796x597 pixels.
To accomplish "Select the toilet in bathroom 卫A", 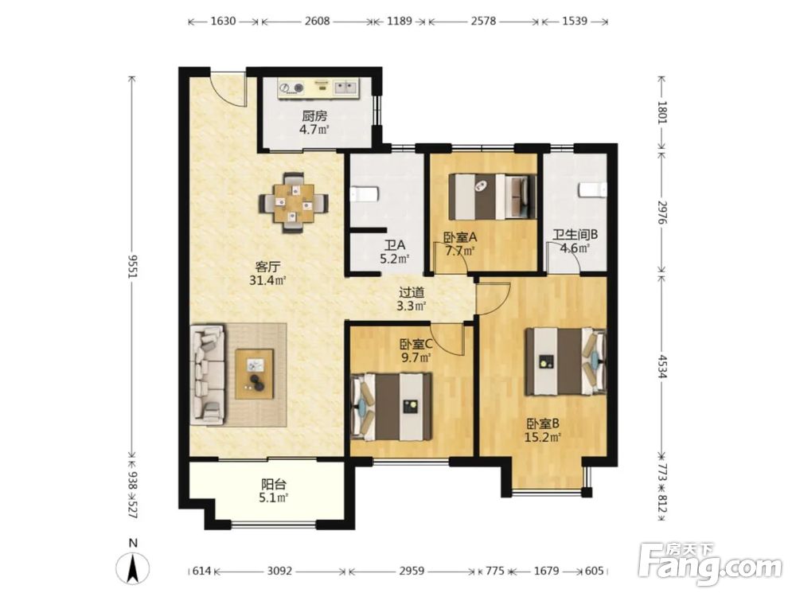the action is (x=365, y=193).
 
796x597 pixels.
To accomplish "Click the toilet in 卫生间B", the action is (x=592, y=190).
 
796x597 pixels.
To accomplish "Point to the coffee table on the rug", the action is (x=255, y=373).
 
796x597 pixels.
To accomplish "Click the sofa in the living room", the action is (x=207, y=375).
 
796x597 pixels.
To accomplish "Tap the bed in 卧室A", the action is (x=492, y=197).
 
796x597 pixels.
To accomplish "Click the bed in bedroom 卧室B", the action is (x=565, y=361).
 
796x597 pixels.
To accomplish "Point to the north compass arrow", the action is (x=133, y=568).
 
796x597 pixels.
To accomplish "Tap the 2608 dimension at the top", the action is (x=318, y=21).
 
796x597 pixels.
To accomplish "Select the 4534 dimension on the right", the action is (x=661, y=365).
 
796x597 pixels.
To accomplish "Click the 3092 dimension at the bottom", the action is (x=279, y=571).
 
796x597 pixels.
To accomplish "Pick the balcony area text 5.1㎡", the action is (x=274, y=498).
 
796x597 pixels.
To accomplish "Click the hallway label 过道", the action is (x=412, y=292).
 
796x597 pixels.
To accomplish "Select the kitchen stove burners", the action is (x=291, y=88).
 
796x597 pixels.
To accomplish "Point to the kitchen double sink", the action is (x=345, y=88).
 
